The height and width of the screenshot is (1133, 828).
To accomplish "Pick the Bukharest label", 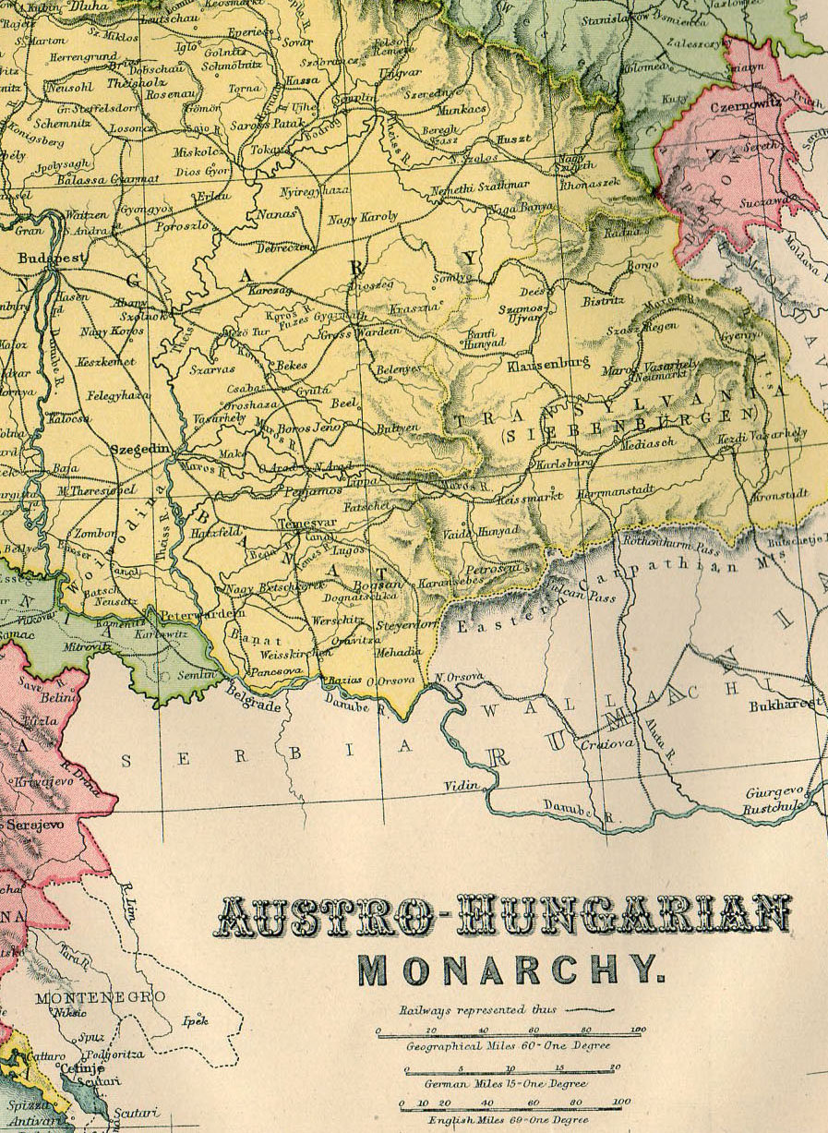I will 786,704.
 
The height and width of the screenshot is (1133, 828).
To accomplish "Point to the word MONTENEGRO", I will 99,996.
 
